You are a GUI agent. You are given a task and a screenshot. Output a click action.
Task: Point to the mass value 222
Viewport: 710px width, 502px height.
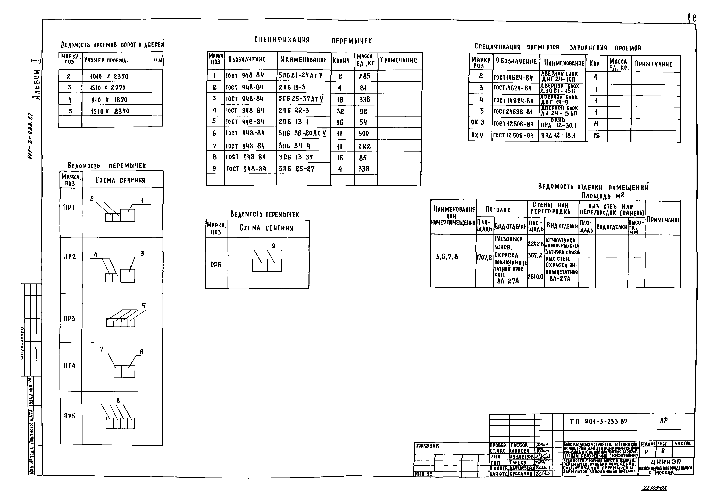364,146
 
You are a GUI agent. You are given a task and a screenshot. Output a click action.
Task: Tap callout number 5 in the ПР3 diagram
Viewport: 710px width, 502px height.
144,306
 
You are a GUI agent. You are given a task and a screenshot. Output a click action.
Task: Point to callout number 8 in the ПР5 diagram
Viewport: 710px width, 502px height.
118,400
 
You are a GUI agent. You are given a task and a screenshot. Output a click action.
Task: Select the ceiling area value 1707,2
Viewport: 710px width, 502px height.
484,257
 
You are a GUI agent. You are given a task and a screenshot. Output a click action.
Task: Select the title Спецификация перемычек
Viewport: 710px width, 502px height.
313,40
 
